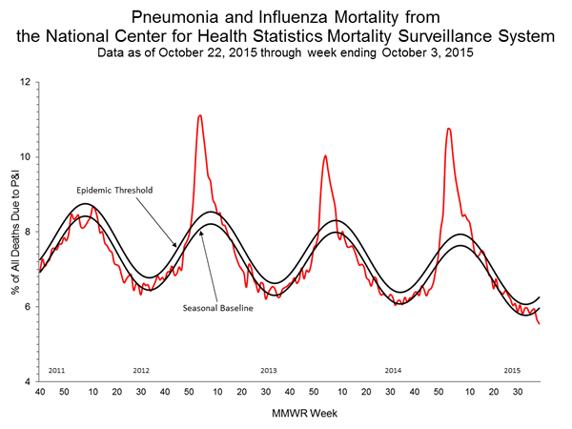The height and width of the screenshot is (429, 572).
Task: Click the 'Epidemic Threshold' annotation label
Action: (x=115, y=190)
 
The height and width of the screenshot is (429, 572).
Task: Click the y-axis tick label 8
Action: (x=29, y=232)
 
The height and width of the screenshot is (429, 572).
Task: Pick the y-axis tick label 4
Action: (x=29, y=381)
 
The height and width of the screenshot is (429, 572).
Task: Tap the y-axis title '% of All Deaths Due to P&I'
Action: (x=11, y=231)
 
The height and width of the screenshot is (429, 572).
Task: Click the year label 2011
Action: (x=55, y=369)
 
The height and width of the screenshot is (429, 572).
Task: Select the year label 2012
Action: (x=141, y=369)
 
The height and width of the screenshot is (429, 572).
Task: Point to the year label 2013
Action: (x=268, y=369)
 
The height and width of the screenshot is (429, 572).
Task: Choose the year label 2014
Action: (x=393, y=369)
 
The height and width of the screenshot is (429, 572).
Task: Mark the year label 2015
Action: (x=512, y=369)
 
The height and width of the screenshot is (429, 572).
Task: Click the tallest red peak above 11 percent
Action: (x=199, y=115)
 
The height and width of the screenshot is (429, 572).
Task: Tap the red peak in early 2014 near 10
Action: (x=325, y=155)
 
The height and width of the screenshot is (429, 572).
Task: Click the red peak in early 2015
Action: (x=448, y=128)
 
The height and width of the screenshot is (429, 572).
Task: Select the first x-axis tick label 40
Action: (x=39, y=392)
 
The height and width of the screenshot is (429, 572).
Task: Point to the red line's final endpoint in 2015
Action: (x=540, y=324)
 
